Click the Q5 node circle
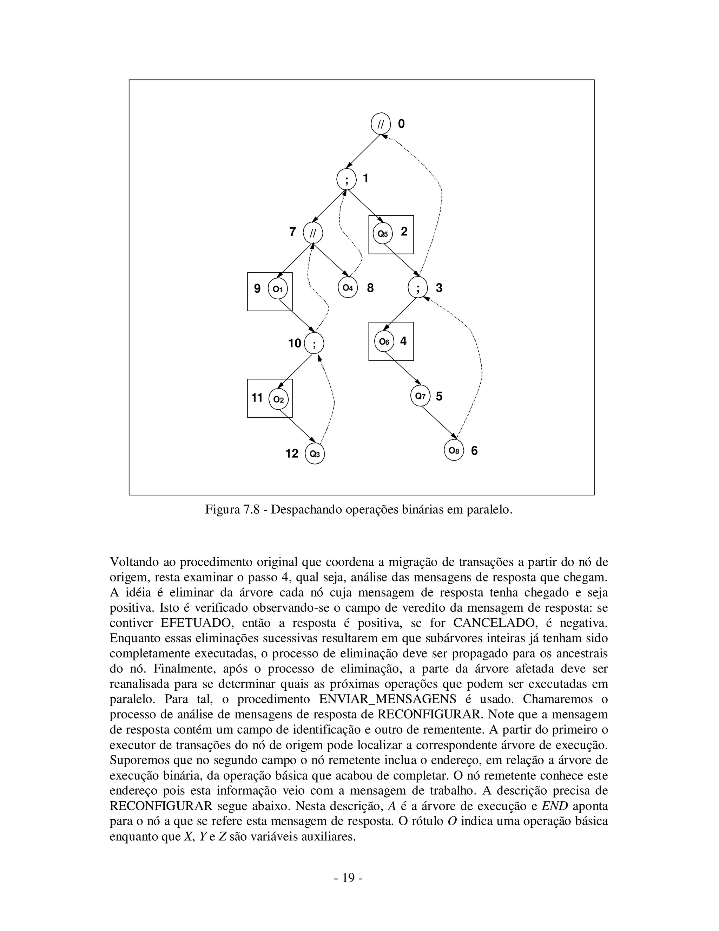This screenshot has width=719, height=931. [x=383, y=234]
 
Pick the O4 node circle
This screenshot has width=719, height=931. [x=348, y=288]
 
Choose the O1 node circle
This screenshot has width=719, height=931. [x=278, y=289]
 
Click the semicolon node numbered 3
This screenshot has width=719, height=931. [x=417, y=288]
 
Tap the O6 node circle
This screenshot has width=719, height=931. [x=384, y=341]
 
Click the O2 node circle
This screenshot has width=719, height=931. [x=278, y=399]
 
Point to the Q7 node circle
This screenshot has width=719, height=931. [x=420, y=396]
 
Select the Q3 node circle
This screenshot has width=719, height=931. [x=315, y=454]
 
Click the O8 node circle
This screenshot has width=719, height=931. [x=454, y=451]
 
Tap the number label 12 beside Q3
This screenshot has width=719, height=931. [x=292, y=454]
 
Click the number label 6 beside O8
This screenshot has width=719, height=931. [x=474, y=451]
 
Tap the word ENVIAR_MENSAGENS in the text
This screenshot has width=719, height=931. [x=387, y=699]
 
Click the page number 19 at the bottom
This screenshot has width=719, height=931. [x=348, y=878]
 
